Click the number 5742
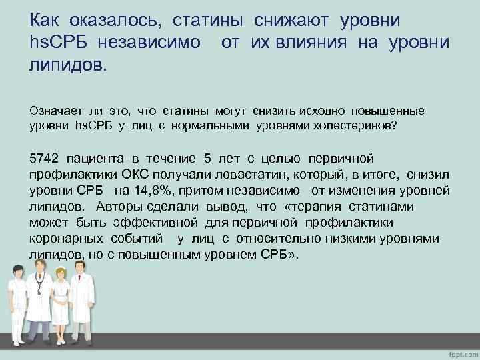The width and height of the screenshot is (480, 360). (44, 158)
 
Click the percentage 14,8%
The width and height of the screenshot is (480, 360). (146, 190)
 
